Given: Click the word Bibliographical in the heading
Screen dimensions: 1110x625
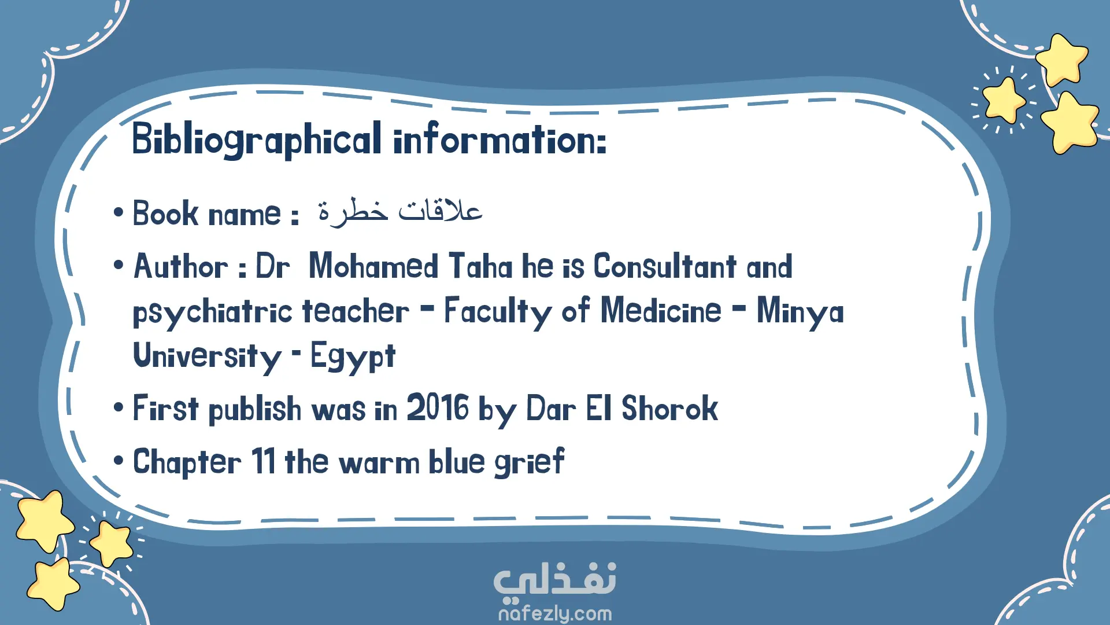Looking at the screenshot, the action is [257, 139].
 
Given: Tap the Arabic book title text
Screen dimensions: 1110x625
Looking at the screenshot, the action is [400, 211].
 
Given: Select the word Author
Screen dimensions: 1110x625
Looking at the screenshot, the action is [181, 267].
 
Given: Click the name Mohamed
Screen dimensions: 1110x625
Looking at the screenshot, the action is [373, 266].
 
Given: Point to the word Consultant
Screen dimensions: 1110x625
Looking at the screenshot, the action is [665, 266].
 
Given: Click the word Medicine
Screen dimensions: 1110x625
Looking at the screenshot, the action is [661, 311].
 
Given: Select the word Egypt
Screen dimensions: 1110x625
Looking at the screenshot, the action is [353, 356].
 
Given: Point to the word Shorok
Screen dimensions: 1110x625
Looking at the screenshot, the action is [669, 408].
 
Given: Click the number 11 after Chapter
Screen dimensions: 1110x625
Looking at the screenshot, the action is [264, 461].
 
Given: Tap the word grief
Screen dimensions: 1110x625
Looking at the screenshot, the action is [530, 462].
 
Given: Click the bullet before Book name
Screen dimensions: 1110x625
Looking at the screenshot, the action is [119, 212].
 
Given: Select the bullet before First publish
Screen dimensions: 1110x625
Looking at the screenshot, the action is [119, 407].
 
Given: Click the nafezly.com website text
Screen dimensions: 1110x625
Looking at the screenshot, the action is [555, 613].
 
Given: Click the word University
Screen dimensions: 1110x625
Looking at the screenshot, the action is [208, 356].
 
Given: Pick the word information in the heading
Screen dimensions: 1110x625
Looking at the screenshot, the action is [500, 139].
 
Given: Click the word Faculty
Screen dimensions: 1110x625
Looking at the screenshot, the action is [498, 312].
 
